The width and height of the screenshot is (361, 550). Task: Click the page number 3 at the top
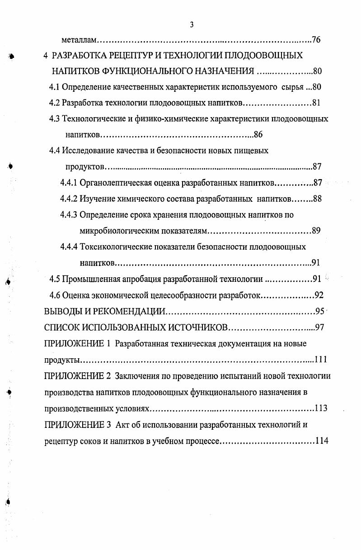pos(192,25)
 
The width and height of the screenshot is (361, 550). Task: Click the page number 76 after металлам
pos(316,40)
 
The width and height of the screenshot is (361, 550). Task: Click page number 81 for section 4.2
pos(316,103)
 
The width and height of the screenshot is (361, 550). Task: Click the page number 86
pos(258,134)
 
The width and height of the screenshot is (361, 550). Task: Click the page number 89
pos(316,231)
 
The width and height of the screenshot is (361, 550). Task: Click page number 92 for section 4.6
pos(319,295)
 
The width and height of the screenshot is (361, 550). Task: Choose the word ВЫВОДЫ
pos(61,312)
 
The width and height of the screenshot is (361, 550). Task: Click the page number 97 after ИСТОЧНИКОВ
pos(319,327)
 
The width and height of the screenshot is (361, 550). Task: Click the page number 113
pos(321,408)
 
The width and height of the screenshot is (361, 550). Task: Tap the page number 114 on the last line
pos(322,441)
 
